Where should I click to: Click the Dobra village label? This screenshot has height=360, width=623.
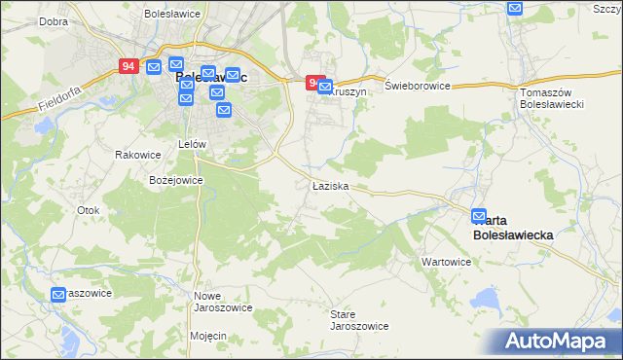point(54,19)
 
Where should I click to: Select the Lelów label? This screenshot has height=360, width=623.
point(193,143)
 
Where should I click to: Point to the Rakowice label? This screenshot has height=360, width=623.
point(137,155)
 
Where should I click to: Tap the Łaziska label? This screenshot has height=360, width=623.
point(330,185)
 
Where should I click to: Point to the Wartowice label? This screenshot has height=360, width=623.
point(446,262)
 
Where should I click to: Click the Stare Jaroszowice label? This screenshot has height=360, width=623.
point(359,320)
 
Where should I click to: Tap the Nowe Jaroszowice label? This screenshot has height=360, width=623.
point(223,301)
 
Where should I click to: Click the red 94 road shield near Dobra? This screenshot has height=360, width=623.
point(129,66)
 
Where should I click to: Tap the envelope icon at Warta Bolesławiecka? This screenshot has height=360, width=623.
point(479,217)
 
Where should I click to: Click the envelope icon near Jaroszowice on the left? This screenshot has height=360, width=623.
point(58,294)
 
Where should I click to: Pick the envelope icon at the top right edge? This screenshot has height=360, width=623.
point(516,8)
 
